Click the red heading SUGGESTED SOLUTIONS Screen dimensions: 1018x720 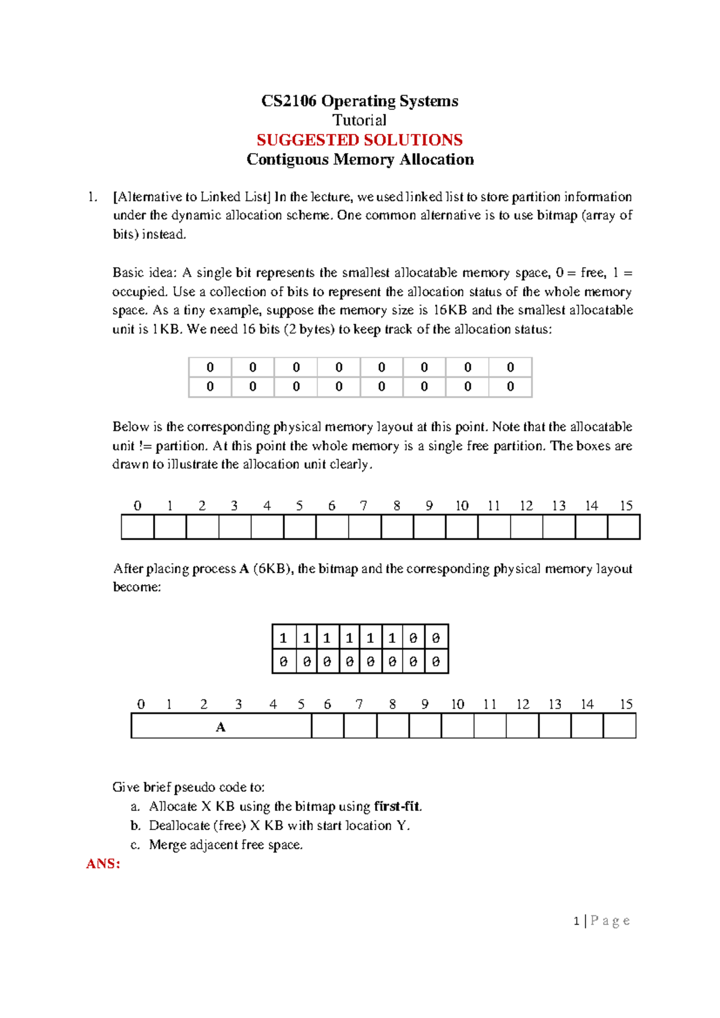tap(359, 140)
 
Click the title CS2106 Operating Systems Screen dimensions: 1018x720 tap(359, 101)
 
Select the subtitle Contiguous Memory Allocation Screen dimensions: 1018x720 tap(360, 160)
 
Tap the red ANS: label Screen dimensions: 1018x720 tap(103, 864)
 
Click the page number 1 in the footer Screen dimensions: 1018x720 tap(577, 921)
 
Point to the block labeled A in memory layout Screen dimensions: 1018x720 tap(221, 727)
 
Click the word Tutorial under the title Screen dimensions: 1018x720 tap(359, 120)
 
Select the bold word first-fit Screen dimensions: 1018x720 tap(397, 806)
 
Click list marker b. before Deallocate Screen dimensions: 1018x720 tap(136, 826)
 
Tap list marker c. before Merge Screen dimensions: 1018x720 tap(136, 845)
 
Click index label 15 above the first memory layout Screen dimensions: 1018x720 tap(626, 505)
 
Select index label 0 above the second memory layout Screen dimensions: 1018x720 tap(141, 704)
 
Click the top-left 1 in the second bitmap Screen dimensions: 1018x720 tap(284, 638)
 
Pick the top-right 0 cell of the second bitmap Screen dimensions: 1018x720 tap(436, 638)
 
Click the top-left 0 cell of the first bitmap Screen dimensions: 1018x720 tap(210, 367)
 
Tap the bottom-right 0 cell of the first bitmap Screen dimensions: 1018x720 tap(511, 387)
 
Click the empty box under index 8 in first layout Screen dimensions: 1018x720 tap(397, 527)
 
